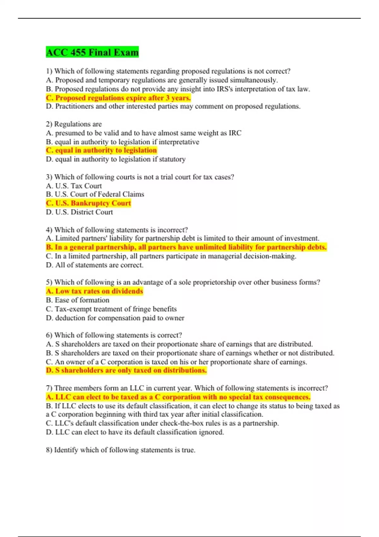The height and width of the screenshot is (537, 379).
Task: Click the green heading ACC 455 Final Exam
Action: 92,52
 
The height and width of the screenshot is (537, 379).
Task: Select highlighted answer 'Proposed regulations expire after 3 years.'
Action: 118,98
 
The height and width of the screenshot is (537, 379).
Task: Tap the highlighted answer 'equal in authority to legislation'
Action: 101,150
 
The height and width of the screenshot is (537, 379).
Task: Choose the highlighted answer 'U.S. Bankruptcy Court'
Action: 88,203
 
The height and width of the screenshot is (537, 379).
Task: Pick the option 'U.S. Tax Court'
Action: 74,186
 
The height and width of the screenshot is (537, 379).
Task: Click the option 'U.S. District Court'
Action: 79,212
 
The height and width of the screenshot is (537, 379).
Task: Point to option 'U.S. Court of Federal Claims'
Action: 95,194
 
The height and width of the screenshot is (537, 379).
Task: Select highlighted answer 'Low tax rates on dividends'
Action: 94,291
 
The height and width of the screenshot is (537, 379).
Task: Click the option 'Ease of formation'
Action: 78,300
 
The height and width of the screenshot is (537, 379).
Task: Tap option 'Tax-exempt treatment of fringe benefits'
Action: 111,309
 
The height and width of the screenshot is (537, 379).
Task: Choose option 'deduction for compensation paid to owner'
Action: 115,318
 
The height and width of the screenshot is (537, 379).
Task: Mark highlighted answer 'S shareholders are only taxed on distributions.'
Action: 126,370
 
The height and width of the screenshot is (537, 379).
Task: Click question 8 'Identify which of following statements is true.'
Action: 121,450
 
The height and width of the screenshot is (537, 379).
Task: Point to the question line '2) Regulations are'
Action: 74,124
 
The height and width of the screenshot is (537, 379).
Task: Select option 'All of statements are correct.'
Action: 95,265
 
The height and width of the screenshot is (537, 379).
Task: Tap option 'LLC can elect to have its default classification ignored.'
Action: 135,432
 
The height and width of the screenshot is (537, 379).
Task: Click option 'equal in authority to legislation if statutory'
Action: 116,159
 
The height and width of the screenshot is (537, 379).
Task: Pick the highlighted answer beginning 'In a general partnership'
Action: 186,247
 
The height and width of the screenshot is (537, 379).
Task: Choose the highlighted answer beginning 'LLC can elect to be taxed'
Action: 178,397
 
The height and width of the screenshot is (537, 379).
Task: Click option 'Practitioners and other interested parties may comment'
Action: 173,106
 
